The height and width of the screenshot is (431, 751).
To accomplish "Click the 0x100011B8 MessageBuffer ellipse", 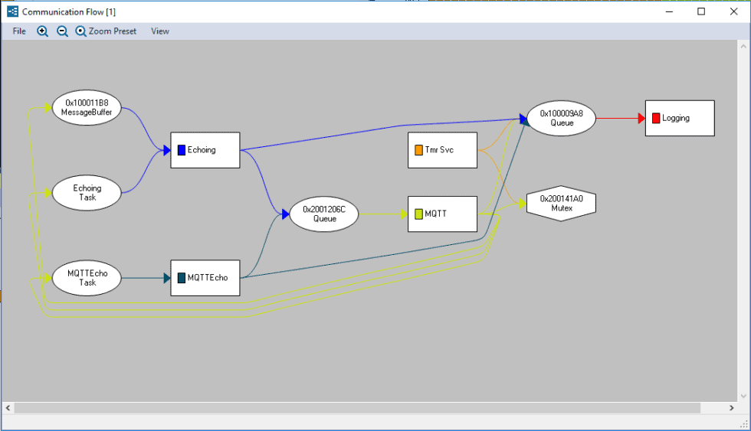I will point(87,107).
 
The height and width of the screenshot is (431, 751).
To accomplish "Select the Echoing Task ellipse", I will point(87,193).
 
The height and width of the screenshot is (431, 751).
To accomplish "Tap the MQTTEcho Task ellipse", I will point(87,278).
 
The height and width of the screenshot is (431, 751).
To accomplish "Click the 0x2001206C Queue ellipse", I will point(324,214).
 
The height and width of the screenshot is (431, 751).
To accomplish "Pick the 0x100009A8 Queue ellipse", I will point(562,118).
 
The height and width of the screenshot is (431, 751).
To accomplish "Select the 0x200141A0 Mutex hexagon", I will point(562,203).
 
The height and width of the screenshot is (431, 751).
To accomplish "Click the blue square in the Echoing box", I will point(182,150).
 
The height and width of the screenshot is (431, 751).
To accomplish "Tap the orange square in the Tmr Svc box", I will point(419,150).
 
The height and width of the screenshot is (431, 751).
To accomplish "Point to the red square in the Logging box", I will point(656,119).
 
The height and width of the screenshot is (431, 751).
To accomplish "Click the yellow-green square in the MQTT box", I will point(418,214).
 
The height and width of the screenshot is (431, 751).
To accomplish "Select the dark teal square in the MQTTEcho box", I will point(182,278).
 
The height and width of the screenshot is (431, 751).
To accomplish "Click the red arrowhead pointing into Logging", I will point(640,119).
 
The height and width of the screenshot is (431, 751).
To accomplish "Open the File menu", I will point(19,31).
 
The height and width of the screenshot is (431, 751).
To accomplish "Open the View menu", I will point(160,31).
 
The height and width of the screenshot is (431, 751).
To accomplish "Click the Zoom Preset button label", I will point(112,31).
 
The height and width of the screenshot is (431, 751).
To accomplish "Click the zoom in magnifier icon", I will point(43,31).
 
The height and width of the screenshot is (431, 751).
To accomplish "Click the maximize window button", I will point(701,11).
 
